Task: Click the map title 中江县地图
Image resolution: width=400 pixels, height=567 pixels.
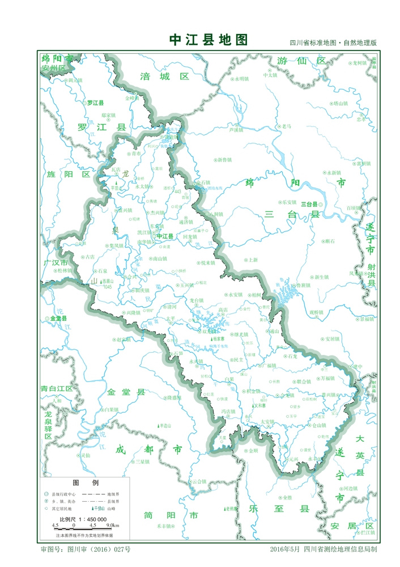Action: tap(209, 40)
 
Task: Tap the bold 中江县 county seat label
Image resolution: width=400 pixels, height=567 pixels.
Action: tap(165, 236)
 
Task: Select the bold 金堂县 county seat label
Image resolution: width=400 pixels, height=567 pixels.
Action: tap(58, 319)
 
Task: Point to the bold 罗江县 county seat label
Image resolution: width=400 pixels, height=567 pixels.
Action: tap(95, 103)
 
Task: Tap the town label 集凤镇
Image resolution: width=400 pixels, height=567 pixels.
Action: tap(116, 246)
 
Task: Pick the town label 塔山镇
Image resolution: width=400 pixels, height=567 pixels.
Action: tap(341, 103)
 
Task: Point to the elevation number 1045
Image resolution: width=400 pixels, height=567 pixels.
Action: tap(108, 286)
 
